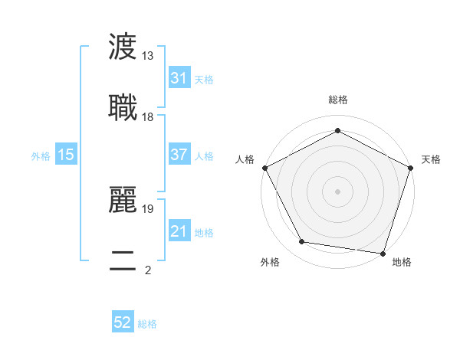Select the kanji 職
[x=123, y=108]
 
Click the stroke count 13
[x=148, y=57]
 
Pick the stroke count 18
[x=148, y=117]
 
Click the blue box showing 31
[x=179, y=78]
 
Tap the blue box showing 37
[x=179, y=155]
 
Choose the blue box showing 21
[x=179, y=231]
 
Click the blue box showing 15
[x=66, y=155]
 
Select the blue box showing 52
[x=123, y=323]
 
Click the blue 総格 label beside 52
[x=147, y=324]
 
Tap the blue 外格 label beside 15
[x=41, y=155]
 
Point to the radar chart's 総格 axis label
[x=337, y=100]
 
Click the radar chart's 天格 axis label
[x=432, y=159]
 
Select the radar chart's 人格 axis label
[x=245, y=159]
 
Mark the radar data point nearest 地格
[x=383, y=253]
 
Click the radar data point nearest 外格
[x=302, y=242]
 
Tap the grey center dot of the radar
[x=337, y=191]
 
